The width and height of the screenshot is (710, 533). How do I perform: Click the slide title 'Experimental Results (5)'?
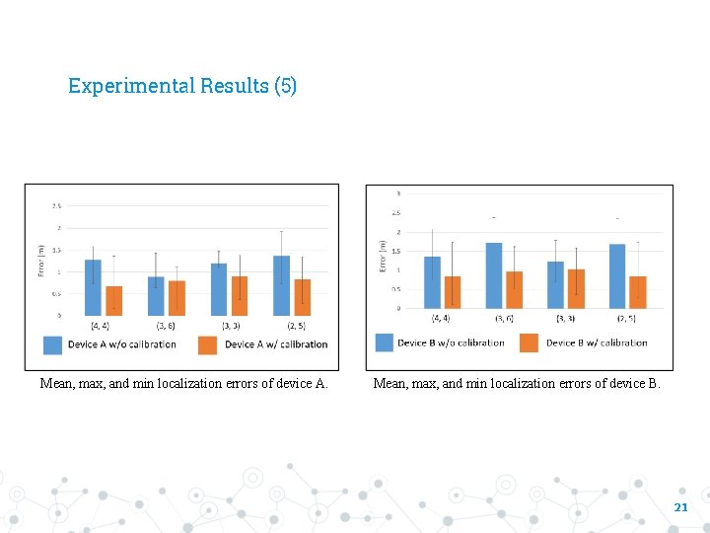[x=182, y=86]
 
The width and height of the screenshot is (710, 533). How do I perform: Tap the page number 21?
[x=680, y=507]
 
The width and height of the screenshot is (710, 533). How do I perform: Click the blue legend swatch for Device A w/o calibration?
[x=52, y=344]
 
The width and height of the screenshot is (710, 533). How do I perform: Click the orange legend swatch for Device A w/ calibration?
[x=208, y=344]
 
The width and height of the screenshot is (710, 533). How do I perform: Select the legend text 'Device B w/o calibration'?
[x=451, y=343]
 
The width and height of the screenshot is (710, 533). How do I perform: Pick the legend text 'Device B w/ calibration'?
[x=597, y=343]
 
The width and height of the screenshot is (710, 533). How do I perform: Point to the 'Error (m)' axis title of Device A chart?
[x=41, y=261]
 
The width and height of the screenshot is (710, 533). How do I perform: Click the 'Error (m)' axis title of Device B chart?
[x=382, y=256]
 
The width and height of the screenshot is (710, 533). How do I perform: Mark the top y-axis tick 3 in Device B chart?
[x=398, y=192]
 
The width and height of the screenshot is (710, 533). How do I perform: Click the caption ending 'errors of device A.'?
[x=183, y=384]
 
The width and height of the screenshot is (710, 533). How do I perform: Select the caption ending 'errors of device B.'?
[x=517, y=384]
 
